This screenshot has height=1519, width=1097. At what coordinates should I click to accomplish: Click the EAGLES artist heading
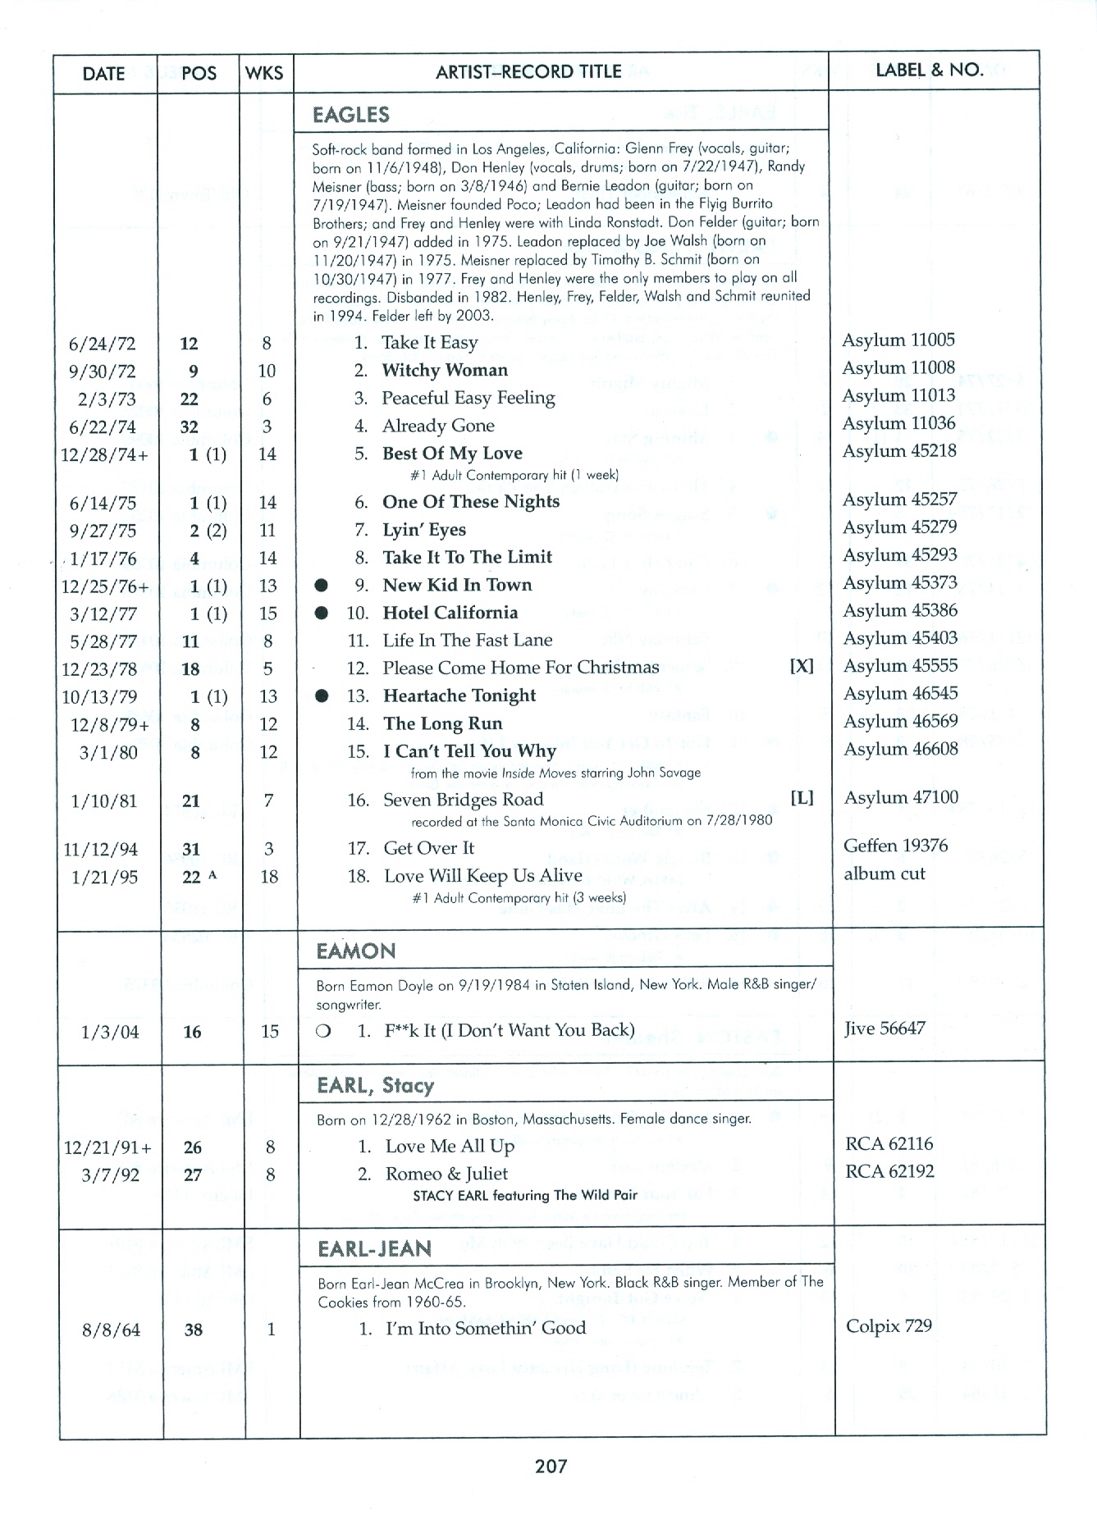[351, 115]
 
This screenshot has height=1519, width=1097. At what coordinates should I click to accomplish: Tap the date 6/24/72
[103, 344]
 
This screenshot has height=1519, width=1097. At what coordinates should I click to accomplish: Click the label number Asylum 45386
[900, 610]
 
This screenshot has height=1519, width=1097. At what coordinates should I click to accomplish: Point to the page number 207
[551, 1466]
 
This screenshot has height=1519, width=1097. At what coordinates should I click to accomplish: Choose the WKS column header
[264, 73]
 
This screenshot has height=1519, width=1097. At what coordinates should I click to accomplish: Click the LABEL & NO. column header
[930, 70]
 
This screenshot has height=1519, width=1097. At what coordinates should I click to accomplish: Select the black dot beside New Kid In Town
[322, 586]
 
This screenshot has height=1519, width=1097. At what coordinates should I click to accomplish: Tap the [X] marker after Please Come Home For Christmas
[801, 666]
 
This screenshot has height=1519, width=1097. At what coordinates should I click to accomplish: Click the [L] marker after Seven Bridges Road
[802, 797]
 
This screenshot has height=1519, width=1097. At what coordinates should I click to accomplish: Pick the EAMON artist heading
[356, 951]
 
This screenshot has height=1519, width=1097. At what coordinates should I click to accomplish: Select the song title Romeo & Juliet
[446, 1174]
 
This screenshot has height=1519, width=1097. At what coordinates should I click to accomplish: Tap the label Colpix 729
[889, 1326]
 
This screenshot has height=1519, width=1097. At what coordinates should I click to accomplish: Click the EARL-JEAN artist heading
[374, 1249]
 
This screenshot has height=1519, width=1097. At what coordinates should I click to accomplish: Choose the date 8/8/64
[111, 1330]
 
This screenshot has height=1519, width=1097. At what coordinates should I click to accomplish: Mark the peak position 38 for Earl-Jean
[194, 1330]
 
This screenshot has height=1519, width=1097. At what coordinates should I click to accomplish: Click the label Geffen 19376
[895, 846]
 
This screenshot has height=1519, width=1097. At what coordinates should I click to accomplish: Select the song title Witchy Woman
[445, 370]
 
